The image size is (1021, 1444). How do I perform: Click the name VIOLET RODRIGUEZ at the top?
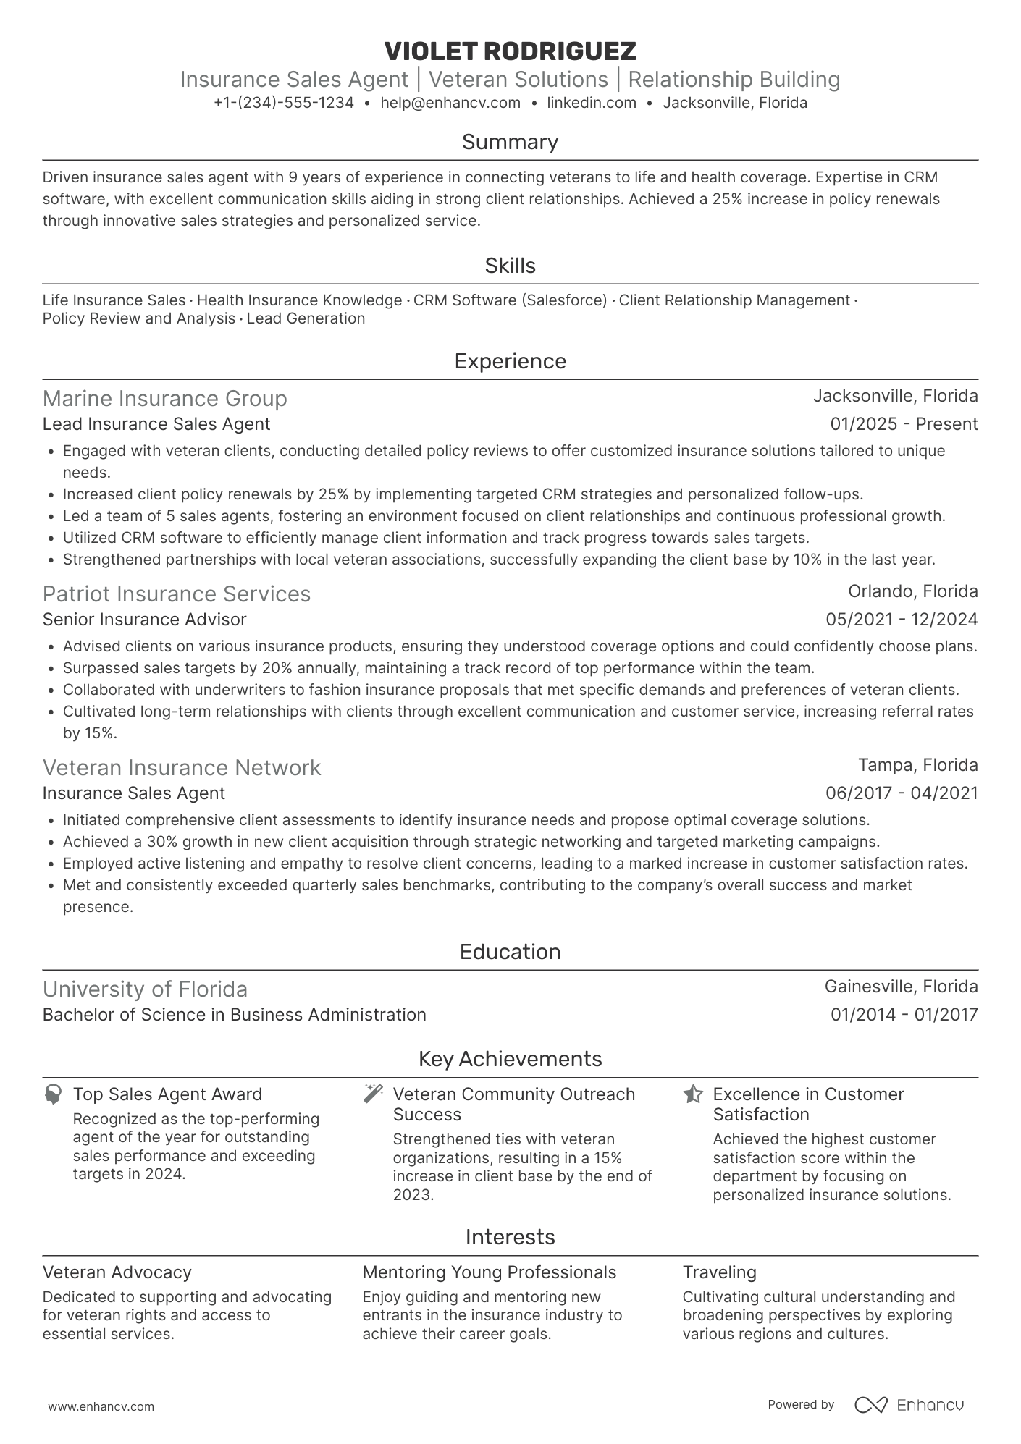click(x=510, y=51)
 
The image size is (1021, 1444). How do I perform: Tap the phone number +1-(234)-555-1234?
click(x=283, y=103)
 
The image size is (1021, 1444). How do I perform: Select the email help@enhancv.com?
click(x=450, y=103)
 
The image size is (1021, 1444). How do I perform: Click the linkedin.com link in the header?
click(x=591, y=103)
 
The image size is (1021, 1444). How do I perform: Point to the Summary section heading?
click(x=510, y=142)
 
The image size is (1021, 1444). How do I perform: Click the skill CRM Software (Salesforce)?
click(x=510, y=300)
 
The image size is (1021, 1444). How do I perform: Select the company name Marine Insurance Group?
click(x=164, y=399)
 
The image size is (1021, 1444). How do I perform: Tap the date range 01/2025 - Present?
click(x=903, y=424)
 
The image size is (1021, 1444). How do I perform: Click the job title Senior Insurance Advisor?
click(x=144, y=620)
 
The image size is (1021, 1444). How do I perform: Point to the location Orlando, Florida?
click(x=912, y=591)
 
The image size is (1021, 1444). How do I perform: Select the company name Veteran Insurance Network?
click(x=181, y=768)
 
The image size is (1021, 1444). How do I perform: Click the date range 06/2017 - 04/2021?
click(x=901, y=793)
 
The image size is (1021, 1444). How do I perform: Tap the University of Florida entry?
click(x=145, y=989)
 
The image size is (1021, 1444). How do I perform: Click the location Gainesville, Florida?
click(x=900, y=987)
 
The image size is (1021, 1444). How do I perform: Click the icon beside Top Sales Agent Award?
click(x=53, y=1094)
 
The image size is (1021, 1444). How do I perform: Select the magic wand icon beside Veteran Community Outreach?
click(x=373, y=1094)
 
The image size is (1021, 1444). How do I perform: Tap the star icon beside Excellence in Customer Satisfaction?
click(x=693, y=1094)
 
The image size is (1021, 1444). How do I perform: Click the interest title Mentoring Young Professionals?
click(x=489, y=1272)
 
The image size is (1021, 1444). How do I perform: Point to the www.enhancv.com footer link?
click(x=101, y=1406)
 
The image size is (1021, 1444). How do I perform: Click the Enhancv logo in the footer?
click(x=909, y=1405)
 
